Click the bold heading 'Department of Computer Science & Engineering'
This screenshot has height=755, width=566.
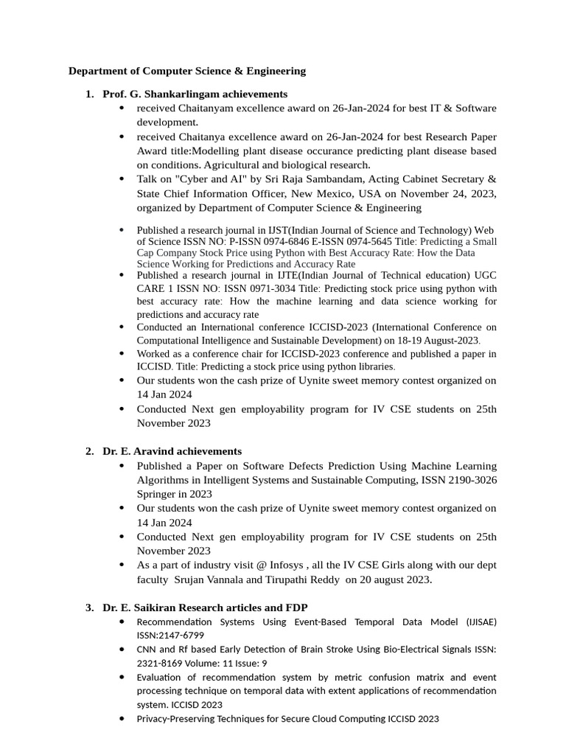tap(186, 71)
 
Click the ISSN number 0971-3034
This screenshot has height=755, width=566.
tap(272, 288)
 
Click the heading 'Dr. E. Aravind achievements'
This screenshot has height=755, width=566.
tap(172, 450)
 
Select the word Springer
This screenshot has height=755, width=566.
tap(156, 494)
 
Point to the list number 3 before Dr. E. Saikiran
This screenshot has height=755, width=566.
tap(88, 608)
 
